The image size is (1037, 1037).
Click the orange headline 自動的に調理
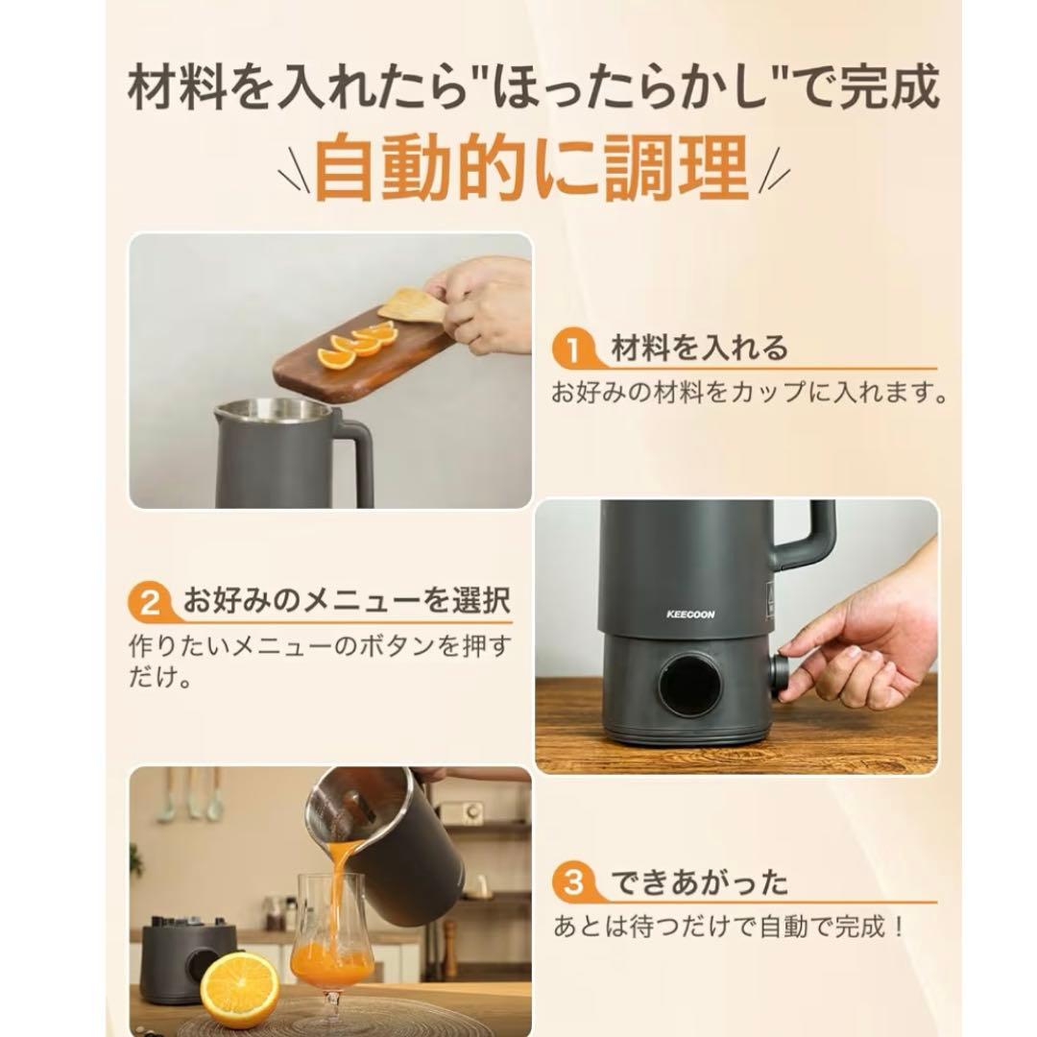(531, 169)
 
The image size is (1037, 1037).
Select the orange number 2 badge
(151, 604)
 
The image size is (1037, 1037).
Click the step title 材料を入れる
(699, 349)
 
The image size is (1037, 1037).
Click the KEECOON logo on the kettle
(691, 615)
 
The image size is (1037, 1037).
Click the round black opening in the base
(689, 685)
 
